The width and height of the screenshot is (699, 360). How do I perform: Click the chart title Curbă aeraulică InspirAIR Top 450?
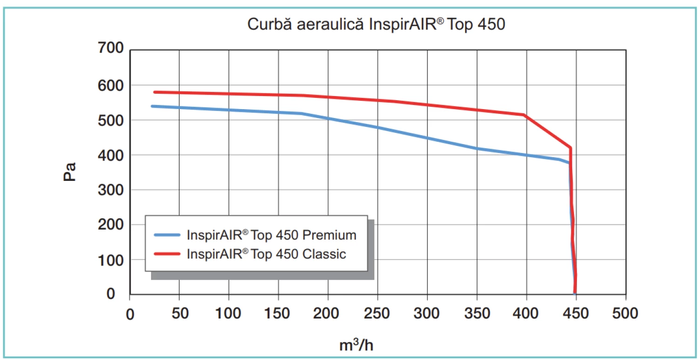pyautogui.click(x=376, y=24)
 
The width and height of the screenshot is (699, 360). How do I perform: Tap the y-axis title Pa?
pyautogui.click(x=70, y=172)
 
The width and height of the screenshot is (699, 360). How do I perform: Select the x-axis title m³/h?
pyautogui.click(x=356, y=345)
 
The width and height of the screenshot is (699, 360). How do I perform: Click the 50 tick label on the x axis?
pyautogui.click(x=179, y=313)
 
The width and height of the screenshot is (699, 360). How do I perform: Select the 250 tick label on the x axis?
pyautogui.click(x=377, y=313)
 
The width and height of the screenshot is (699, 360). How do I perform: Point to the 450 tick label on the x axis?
pyautogui.click(x=576, y=313)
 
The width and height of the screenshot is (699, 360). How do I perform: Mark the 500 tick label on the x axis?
pyautogui.click(x=625, y=313)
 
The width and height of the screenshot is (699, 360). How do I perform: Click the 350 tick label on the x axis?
pyautogui.click(x=477, y=313)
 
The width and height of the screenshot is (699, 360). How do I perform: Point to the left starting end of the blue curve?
pyautogui.click(x=152, y=106)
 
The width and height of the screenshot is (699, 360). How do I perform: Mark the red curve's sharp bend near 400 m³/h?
pyautogui.click(x=524, y=115)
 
